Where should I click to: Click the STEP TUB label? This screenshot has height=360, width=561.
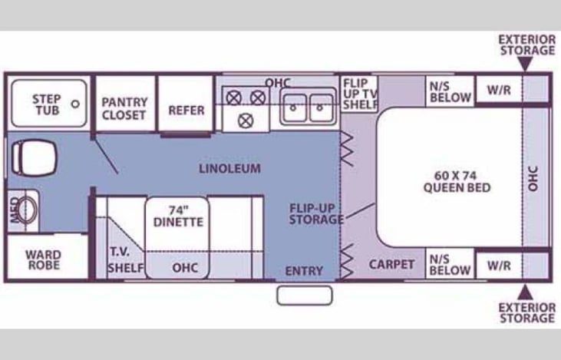point(47,104)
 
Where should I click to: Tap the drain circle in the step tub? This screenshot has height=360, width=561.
point(75,104)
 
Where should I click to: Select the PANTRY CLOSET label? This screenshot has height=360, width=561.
point(124,108)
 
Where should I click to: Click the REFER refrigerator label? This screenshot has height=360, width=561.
point(186,111)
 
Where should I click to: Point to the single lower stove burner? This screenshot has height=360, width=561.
point(246,121)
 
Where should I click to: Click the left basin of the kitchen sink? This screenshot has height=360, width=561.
point(294,107)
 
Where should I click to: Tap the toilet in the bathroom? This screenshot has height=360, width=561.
point(35,157)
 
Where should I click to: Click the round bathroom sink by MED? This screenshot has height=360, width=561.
point(27,210)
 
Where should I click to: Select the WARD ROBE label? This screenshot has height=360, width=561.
point(44,259)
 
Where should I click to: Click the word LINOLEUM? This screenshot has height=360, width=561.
point(229,169)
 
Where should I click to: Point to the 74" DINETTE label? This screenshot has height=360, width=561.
point(178,216)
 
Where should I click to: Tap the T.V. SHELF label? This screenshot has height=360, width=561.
point(126,259)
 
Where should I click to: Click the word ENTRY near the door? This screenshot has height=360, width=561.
point(304,271)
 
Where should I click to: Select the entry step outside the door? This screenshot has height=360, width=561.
point(305,296)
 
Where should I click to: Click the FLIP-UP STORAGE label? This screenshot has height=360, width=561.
point(315,214)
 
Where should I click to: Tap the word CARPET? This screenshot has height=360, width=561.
point(391,265)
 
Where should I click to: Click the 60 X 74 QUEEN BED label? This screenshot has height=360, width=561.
point(457,182)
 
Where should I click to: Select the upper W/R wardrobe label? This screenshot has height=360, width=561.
point(499,90)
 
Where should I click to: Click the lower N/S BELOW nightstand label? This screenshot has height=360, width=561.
point(450,265)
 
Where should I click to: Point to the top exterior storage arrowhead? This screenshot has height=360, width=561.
point(525,64)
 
